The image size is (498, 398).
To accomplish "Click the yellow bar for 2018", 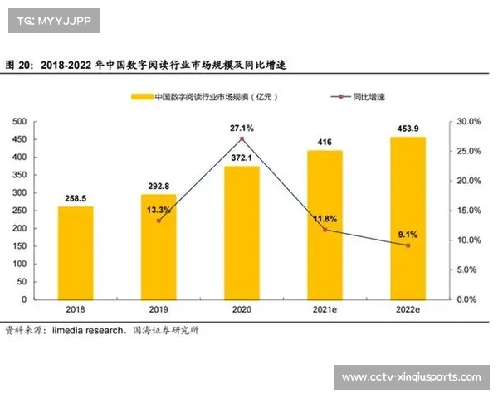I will coord(76,253).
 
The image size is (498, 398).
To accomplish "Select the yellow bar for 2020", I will coord(242,233).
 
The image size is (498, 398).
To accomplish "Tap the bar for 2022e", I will coord(408,218).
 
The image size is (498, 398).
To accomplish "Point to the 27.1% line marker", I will coord(242,138).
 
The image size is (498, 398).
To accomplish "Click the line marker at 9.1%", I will coord(408,245).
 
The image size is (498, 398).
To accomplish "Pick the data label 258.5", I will coord(76,199).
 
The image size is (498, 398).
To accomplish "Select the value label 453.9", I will coord(408,129).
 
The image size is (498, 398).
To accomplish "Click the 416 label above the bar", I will coord(325,143).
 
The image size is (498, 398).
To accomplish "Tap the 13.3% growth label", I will coord(158,210).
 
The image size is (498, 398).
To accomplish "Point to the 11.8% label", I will coord(325,219).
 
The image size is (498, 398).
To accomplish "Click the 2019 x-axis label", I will coord(159,309).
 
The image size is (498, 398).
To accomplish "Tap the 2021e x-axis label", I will coord(325,309).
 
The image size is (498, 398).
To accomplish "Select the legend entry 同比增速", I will coord(369,97).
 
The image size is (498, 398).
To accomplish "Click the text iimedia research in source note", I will coord(88,330).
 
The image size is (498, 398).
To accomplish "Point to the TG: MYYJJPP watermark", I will coord(53,21).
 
